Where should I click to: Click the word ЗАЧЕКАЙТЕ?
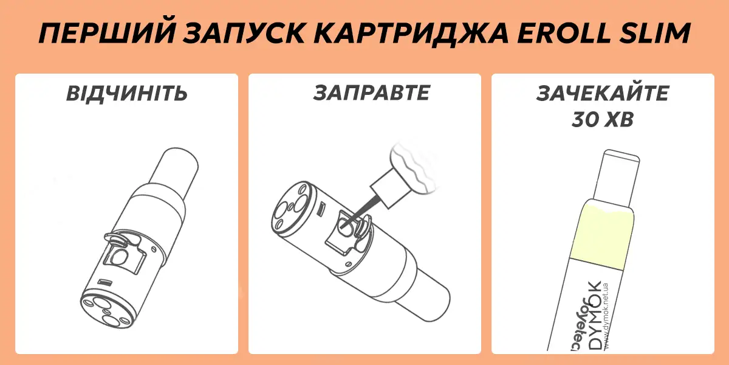(603, 94)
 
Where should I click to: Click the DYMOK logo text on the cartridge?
(595, 316)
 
